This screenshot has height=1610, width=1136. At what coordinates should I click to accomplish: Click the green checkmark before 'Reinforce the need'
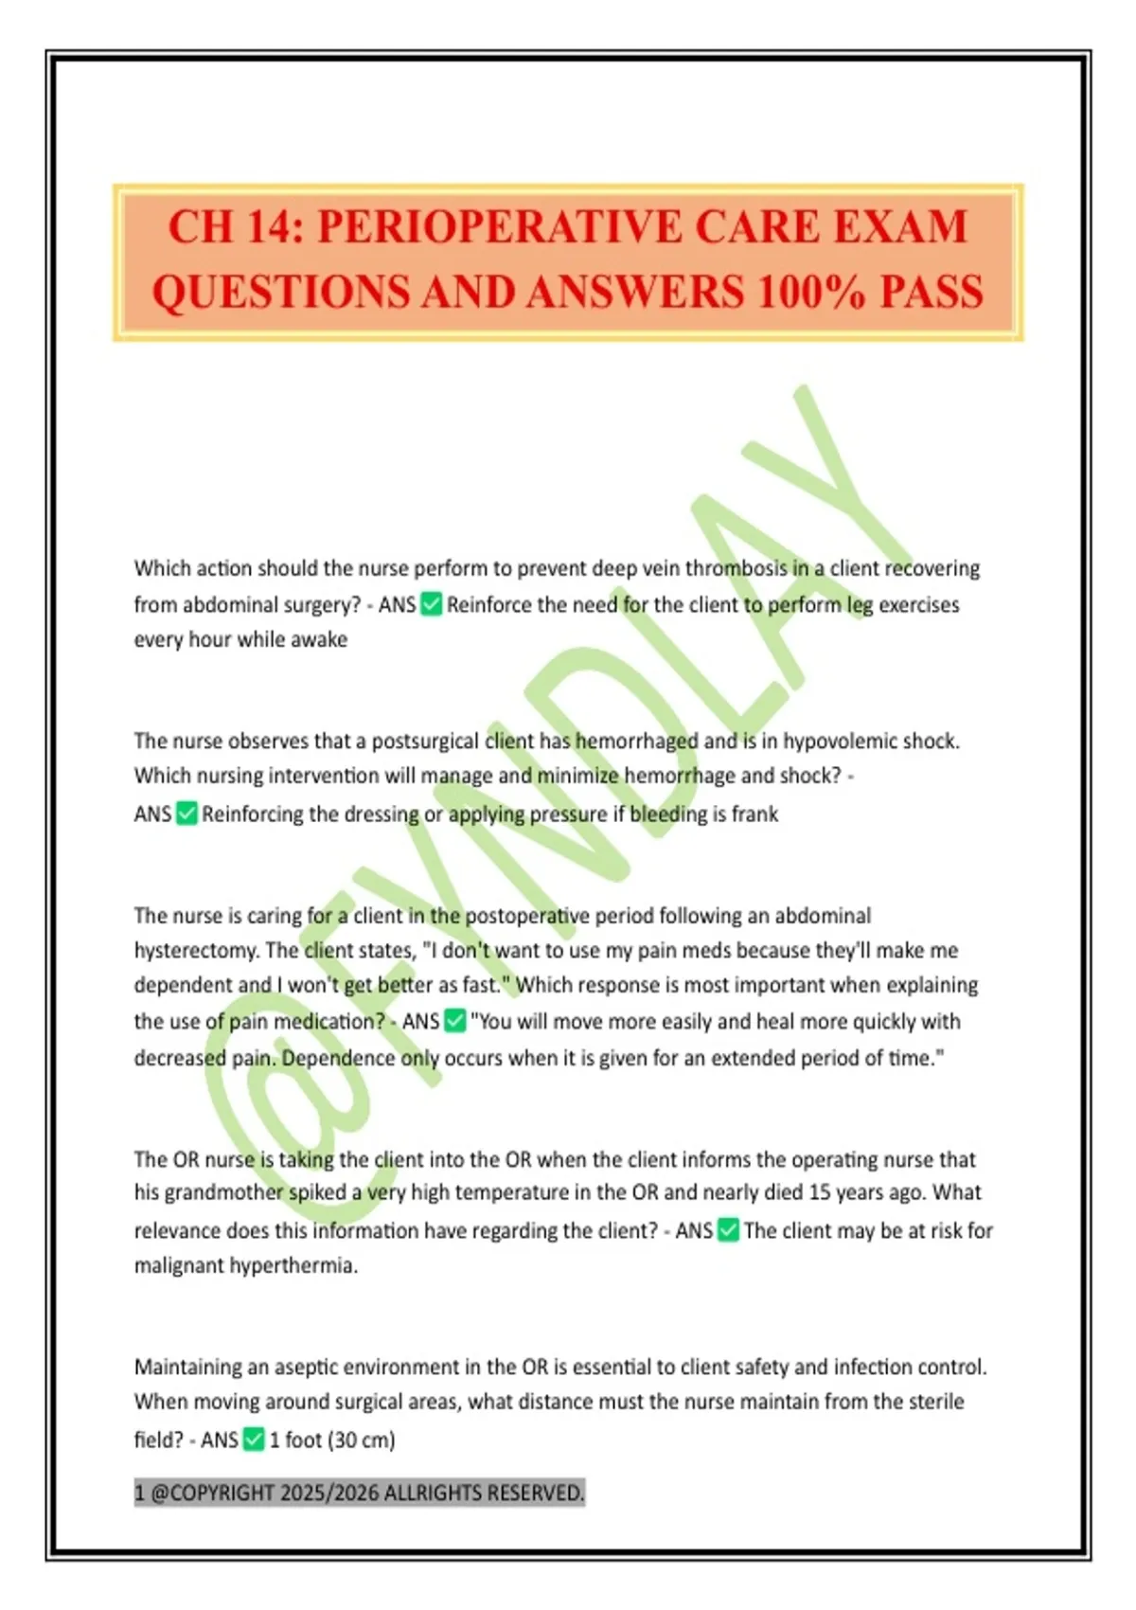point(431,604)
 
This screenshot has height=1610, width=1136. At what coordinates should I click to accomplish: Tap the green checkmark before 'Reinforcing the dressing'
point(186,814)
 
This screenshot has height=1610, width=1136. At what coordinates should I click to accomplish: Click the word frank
point(754,814)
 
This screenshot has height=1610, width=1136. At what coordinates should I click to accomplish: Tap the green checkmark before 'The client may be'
point(728,1230)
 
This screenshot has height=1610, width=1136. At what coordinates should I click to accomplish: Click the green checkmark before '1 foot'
point(254,1440)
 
